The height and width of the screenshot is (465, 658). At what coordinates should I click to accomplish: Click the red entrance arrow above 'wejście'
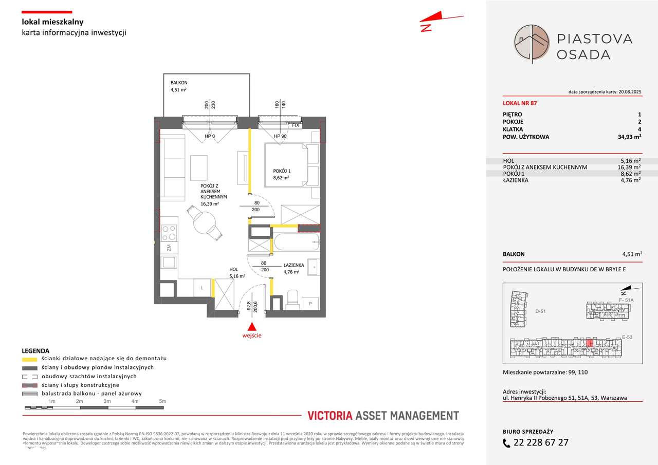[251, 326]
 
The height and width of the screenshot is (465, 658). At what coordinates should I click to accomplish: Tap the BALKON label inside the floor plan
[179, 83]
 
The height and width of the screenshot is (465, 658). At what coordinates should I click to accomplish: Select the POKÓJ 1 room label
[282, 171]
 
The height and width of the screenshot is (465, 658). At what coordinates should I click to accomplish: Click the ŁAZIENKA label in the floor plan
[294, 265]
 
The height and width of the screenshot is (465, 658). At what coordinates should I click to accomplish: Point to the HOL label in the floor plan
[234, 269]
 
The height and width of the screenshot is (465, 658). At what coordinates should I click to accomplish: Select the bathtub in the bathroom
[297, 243]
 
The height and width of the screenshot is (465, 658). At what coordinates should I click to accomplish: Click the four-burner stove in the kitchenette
[169, 233]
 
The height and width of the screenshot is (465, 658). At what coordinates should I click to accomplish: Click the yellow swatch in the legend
[30, 359]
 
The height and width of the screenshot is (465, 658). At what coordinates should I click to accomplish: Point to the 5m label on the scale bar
[162, 401]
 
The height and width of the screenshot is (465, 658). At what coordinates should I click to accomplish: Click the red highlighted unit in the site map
[590, 343]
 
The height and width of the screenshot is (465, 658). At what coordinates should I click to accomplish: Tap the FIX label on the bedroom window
[296, 125]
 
